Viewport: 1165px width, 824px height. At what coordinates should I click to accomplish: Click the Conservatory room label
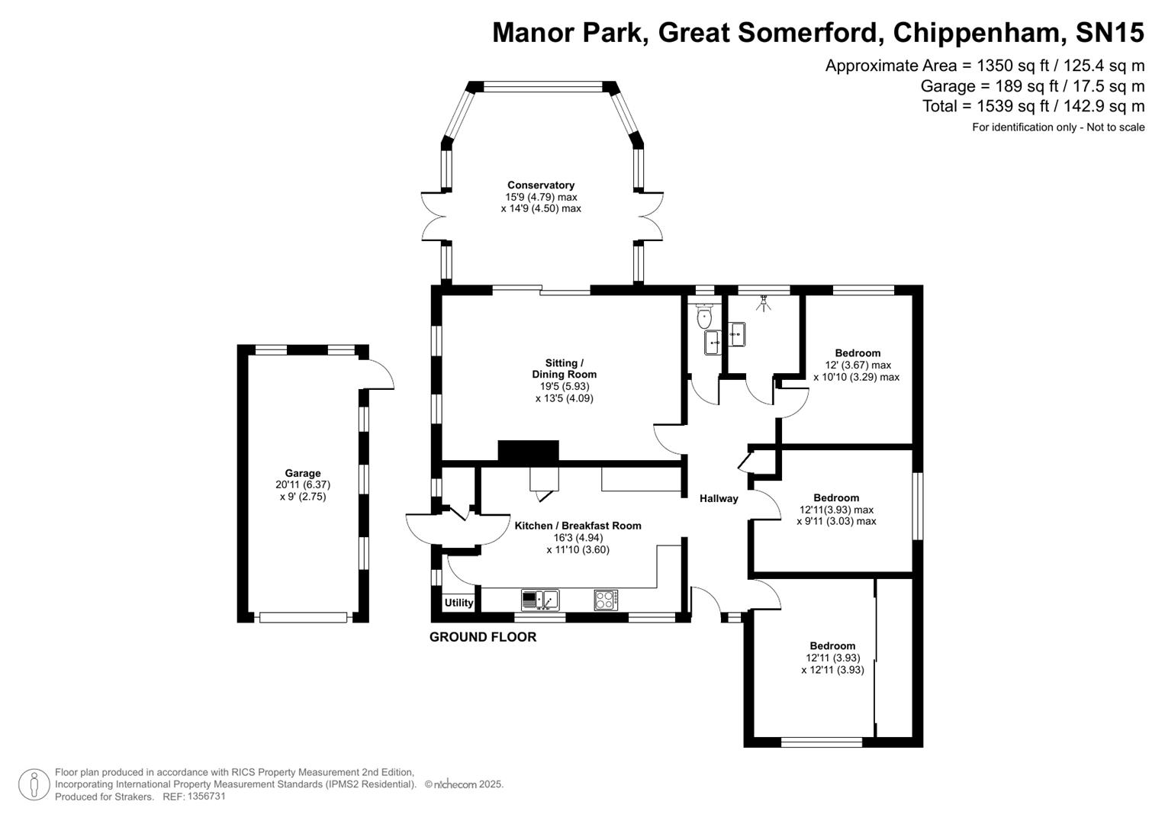pos(541,185)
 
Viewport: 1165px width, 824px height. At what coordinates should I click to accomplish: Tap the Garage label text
pos(303,473)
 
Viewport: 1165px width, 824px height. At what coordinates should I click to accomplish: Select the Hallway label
pos(719,499)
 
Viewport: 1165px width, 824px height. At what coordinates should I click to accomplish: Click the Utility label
pos(459,603)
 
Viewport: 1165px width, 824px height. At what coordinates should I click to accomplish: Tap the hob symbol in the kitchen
pos(606,600)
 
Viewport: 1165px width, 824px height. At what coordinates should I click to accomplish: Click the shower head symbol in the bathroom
pos(762,304)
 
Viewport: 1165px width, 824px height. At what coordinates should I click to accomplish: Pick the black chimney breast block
pos(528,452)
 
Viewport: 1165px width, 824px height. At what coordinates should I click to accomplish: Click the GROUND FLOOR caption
pos(482,637)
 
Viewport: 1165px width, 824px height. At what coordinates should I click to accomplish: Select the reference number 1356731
pos(206,797)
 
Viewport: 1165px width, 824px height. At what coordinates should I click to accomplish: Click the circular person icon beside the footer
pos(34,784)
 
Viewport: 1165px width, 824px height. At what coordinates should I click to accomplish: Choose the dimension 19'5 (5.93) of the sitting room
pos(564,386)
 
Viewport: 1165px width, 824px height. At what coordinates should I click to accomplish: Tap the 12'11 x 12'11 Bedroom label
pos(832,646)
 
